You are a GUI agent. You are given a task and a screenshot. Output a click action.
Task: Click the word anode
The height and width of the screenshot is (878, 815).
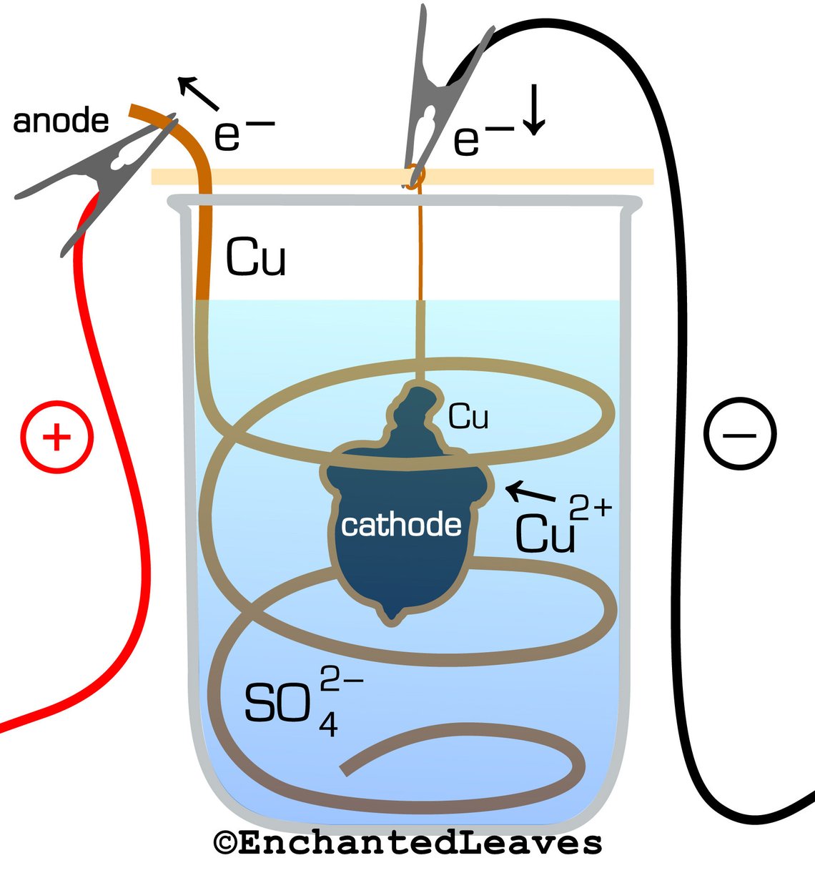pos(61,121)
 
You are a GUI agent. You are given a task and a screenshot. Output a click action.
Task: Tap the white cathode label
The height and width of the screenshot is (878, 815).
pos(401,526)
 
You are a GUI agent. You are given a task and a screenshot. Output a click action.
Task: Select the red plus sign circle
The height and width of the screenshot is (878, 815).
pos(57,436)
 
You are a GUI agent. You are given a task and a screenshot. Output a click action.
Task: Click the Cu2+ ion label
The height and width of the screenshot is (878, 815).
pos(561,526)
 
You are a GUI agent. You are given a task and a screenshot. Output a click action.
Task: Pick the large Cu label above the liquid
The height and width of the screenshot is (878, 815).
pos(255,258)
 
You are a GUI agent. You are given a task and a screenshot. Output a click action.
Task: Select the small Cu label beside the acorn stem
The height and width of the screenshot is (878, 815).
pos(468,416)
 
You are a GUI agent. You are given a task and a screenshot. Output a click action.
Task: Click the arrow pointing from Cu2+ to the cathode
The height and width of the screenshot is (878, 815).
pos(530,493)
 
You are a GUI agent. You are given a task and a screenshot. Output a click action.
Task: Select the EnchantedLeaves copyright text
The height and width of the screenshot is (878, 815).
pos(407,842)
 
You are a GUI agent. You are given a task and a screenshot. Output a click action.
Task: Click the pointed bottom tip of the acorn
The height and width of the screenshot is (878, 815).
pos(392,615)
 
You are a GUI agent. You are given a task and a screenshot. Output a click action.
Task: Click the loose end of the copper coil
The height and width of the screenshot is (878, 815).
pos(345,769)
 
